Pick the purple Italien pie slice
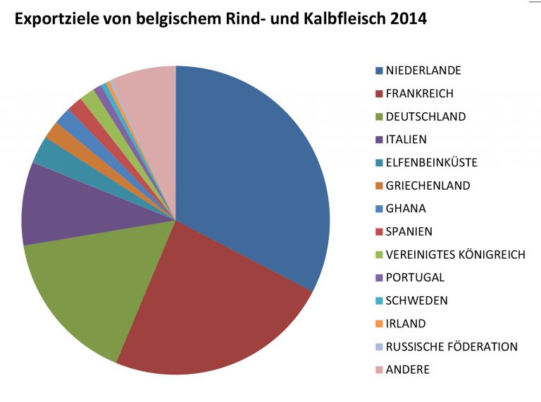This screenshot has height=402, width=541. (x=56, y=205)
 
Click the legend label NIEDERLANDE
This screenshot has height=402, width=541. (x=423, y=71)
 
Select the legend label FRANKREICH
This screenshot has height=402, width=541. (x=419, y=93)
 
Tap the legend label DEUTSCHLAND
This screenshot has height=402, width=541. (x=425, y=116)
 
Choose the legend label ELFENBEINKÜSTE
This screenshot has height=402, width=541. (x=431, y=162)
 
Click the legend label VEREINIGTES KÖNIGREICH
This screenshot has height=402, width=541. (x=455, y=255)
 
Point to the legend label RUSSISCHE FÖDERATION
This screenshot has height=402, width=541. (x=452, y=347)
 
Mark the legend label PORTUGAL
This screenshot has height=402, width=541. (x=415, y=278)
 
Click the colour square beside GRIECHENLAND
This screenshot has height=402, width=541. (x=379, y=186)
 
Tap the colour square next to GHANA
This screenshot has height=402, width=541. (x=379, y=209)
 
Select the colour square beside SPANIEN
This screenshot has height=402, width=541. (x=379, y=232)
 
